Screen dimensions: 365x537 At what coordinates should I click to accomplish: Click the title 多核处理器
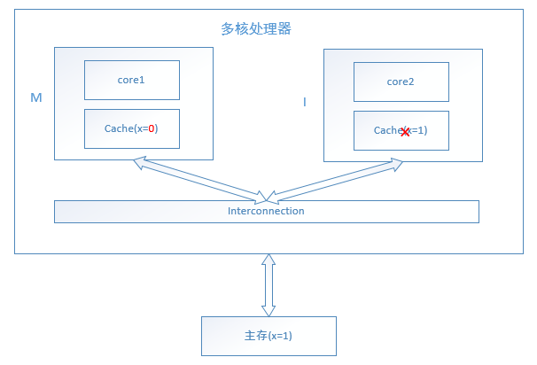(256, 28)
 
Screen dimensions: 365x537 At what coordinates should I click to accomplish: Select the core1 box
(132, 80)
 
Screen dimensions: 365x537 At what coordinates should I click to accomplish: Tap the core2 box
(401, 82)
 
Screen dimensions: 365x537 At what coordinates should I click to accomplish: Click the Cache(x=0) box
(132, 128)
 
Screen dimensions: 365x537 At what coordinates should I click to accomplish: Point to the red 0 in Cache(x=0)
(152, 128)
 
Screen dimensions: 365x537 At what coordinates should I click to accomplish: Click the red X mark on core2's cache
(405, 131)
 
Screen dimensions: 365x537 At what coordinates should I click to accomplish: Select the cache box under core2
(401, 130)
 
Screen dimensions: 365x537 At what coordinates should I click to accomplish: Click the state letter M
(36, 98)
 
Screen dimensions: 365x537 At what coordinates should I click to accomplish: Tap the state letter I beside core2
(305, 103)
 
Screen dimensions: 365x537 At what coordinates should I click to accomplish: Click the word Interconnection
(266, 211)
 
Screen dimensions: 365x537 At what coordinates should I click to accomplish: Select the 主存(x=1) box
(268, 337)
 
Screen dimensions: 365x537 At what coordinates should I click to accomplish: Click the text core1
(131, 80)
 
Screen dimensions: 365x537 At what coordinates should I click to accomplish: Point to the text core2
(401, 82)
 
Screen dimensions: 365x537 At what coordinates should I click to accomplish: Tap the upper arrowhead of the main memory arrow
(268, 260)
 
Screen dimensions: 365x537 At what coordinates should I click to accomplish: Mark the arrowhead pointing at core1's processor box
(138, 161)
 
